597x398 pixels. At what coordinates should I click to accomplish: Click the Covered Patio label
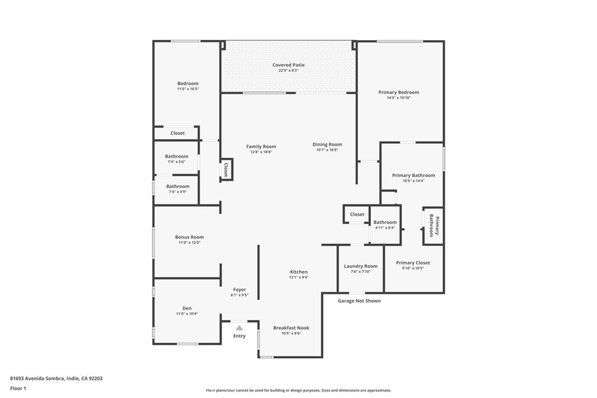[289, 65]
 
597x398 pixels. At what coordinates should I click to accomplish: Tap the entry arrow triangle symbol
[239, 328]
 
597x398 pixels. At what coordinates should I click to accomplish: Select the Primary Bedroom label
[398, 92]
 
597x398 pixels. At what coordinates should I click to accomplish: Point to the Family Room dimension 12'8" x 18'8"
[261, 152]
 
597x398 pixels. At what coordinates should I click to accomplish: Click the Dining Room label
[327, 145]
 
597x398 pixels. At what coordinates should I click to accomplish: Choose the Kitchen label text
[299, 272]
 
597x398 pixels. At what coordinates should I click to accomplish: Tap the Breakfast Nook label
[292, 328]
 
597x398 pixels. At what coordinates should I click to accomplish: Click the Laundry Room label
[361, 266]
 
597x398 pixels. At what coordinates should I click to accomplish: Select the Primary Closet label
[413, 263]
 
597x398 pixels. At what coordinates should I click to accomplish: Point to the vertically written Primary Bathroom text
[433, 226]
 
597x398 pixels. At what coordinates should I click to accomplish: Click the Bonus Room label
[189, 237]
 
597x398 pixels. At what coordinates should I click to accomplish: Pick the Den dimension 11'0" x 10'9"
[187, 314]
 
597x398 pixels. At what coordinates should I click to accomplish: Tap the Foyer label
[240, 290]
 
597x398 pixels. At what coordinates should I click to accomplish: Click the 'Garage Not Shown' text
[359, 301]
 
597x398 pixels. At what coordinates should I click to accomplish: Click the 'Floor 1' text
[19, 388]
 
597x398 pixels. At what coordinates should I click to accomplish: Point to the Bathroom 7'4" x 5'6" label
[177, 156]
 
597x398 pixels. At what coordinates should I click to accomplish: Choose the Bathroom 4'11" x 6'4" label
[385, 222]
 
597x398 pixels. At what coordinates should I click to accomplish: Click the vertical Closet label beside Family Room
[226, 169]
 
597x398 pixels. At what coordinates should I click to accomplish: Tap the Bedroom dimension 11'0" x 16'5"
[188, 89]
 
